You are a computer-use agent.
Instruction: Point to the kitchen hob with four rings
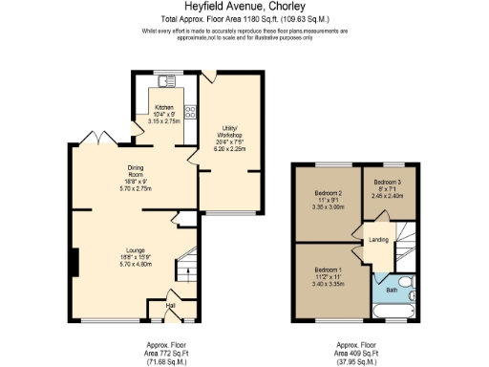191,112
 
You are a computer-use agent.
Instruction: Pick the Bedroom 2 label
328,194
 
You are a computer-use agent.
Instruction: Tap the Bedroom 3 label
386,182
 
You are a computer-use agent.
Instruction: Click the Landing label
379,239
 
